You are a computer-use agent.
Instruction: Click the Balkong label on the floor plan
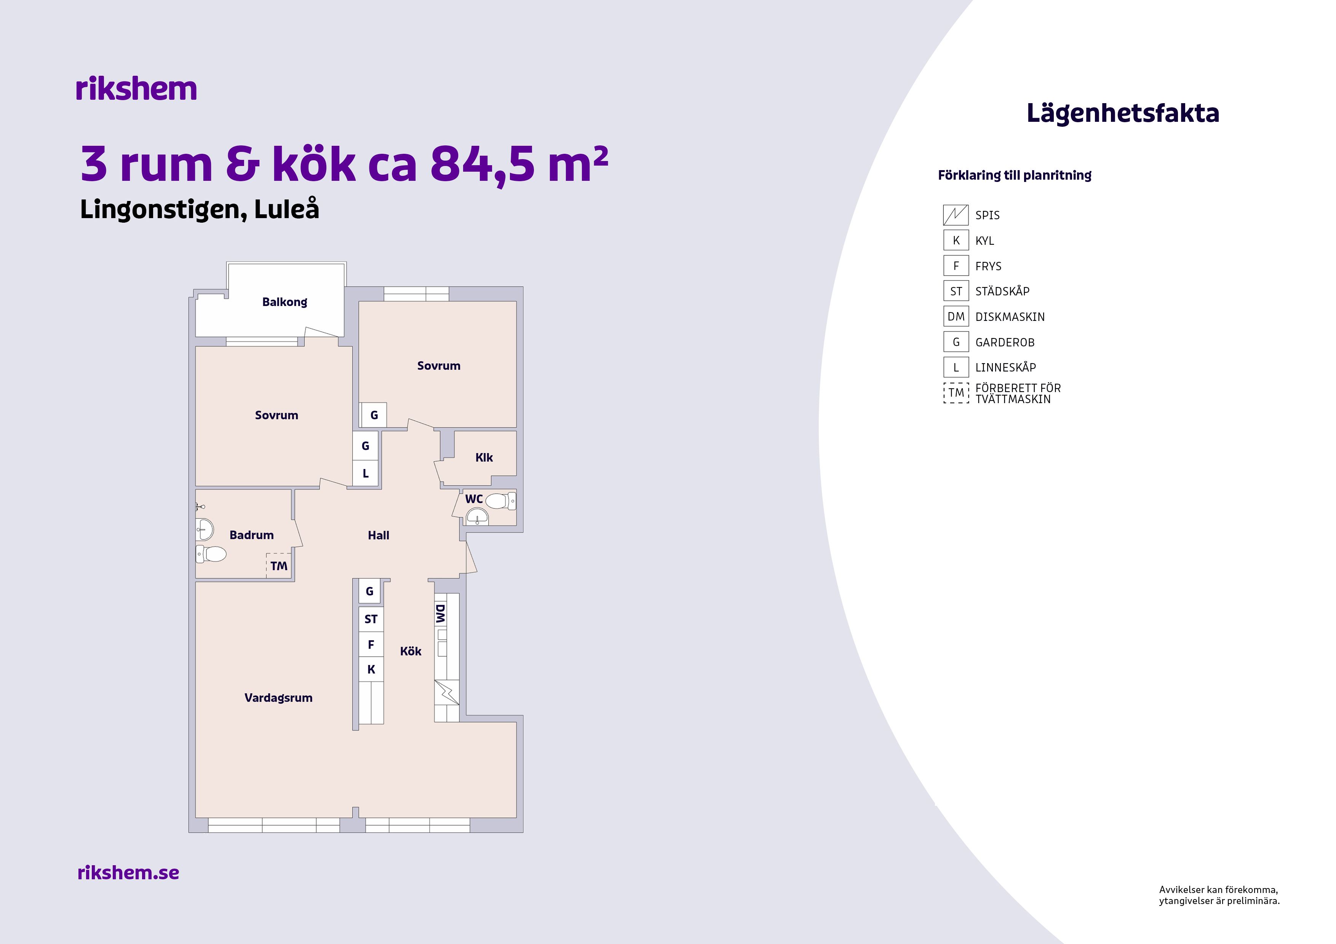click(x=284, y=302)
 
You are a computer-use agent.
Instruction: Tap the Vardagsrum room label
click(x=278, y=698)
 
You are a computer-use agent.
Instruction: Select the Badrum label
click(x=251, y=535)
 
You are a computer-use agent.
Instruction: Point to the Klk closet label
click(x=484, y=458)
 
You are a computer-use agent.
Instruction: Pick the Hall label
click(x=378, y=536)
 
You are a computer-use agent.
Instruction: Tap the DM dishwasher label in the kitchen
click(x=441, y=614)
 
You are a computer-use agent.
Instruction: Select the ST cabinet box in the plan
click(x=371, y=619)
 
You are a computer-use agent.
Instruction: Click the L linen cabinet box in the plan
click(x=366, y=474)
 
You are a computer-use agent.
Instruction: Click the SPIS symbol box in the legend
click(x=956, y=215)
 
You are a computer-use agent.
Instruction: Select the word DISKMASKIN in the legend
click(x=1010, y=317)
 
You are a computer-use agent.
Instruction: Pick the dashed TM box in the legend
click(x=956, y=392)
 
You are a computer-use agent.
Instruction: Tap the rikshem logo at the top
click(x=136, y=89)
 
